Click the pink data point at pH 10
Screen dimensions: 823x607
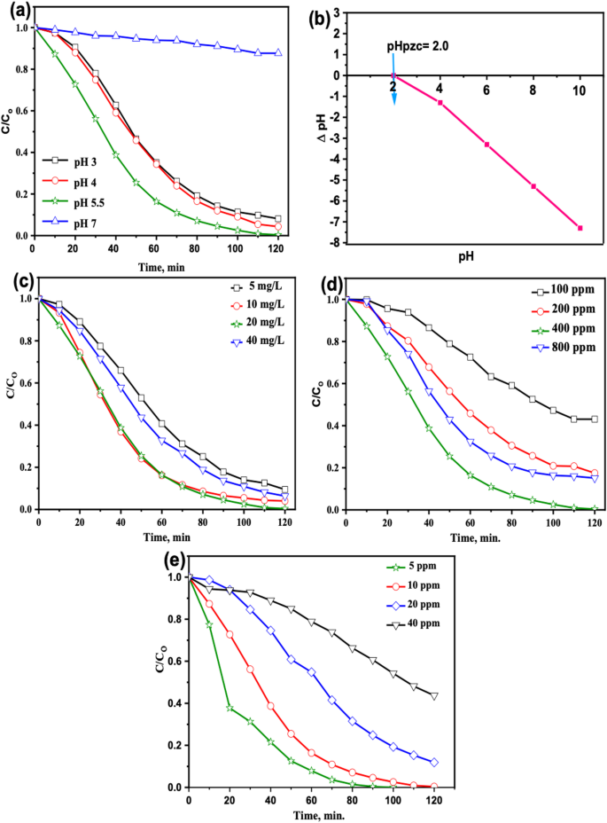point(580,228)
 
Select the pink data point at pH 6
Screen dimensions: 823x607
point(486,145)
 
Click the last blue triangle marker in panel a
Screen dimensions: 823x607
point(278,53)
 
